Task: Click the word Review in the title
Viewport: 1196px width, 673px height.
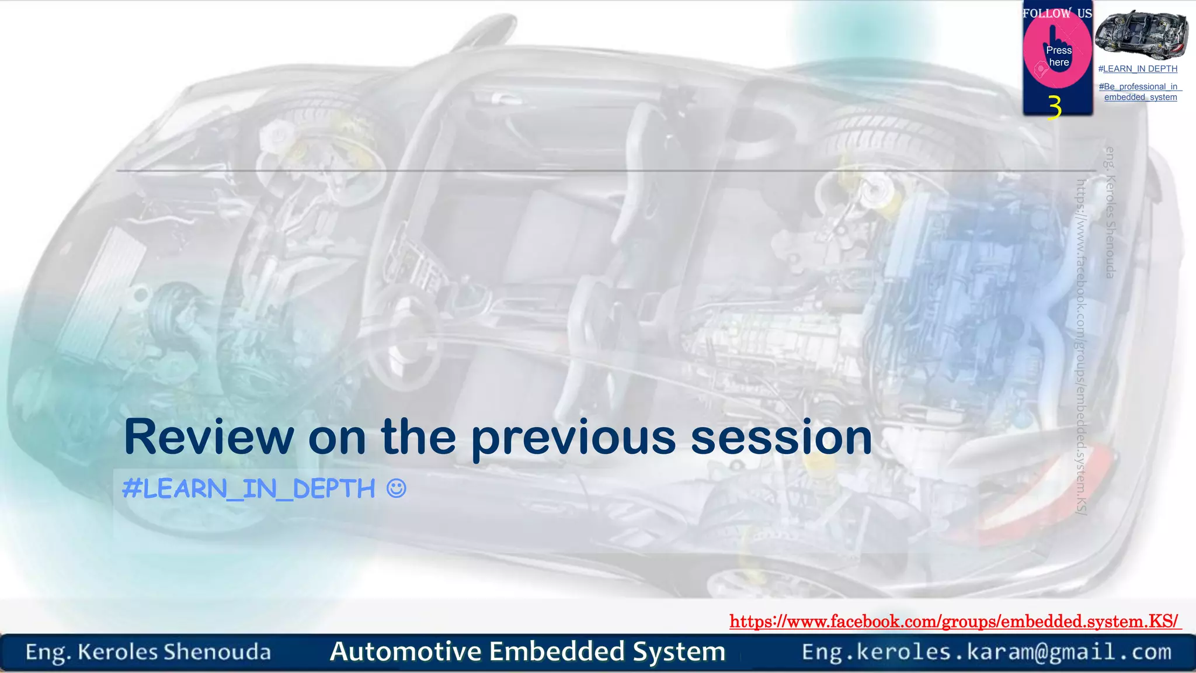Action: tap(208, 438)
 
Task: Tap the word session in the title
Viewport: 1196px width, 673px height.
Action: tap(781, 438)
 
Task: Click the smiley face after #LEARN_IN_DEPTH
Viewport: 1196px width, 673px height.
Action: tap(396, 488)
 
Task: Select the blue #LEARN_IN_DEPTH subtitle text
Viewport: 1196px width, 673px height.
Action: tap(249, 488)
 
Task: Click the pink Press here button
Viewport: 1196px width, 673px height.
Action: tap(1058, 56)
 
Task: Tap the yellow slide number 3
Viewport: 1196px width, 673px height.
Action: tap(1054, 107)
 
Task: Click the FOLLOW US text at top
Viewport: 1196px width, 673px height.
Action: tap(1057, 13)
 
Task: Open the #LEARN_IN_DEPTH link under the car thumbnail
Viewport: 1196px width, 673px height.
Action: tap(1138, 69)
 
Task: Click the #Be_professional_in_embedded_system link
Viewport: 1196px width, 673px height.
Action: tap(1140, 92)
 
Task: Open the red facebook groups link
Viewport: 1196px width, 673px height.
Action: tap(954, 621)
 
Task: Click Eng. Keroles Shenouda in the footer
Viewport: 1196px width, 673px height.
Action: tap(148, 652)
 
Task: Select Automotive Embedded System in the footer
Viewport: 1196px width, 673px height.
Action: tap(527, 651)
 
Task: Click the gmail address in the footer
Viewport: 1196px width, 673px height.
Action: tap(986, 652)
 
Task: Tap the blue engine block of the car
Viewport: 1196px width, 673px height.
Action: tap(964, 280)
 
